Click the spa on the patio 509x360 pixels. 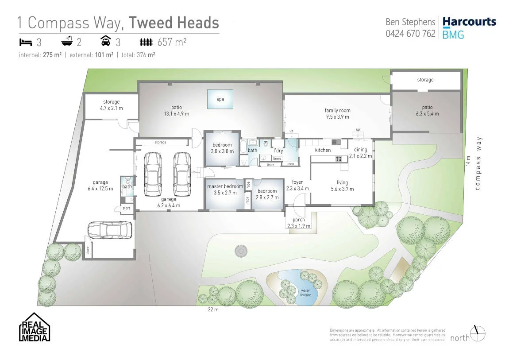point(220,99)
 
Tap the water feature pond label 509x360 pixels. point(305,293)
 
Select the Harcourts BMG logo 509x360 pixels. point(469,27)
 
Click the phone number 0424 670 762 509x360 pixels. point(410,33)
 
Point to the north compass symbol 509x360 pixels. point(478,333)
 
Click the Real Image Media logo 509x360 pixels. point(35,327)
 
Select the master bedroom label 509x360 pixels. point(225,186)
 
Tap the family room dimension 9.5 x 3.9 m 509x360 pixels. point(337,117)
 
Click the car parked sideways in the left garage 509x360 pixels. point(109,230)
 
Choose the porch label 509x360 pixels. point(299,220)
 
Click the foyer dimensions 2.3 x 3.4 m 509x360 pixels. point(297,188)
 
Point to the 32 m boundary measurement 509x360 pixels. point(213,310)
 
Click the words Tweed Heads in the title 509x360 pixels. point(174,23)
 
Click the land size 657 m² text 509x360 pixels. point(172,43)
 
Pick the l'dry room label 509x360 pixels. point(278,150)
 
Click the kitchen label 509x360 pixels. point(323,150)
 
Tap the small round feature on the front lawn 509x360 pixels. point(240,251)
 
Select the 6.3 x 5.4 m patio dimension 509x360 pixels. point(427,113)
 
